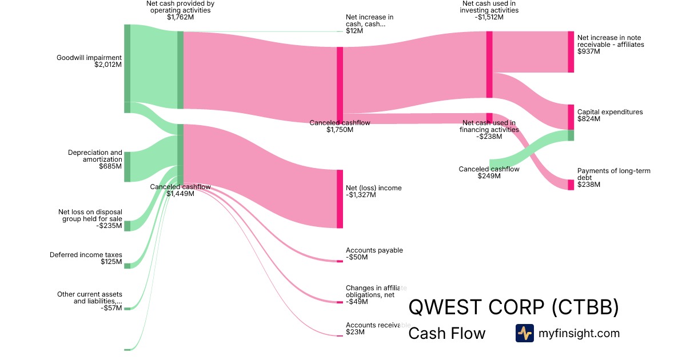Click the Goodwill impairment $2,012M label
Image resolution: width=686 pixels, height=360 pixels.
click(x=89, y=61)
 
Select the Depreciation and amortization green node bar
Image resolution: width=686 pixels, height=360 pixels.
click(x=127, y=167)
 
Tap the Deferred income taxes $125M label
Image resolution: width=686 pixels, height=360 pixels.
click(x=86, y=258)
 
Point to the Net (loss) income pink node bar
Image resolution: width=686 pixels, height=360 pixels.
click(x=340, y=199)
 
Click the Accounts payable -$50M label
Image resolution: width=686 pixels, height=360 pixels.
click(x=374, y=254)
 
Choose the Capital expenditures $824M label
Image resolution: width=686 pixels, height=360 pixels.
click(x=609, y=115)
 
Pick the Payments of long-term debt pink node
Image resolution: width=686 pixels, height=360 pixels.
click(x=571, y=185)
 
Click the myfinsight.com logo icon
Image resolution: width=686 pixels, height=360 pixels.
click(x=524, y=333)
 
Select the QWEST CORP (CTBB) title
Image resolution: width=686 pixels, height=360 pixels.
click(x=513, y=307)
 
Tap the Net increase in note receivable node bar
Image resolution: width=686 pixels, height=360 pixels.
click(x=571, y=52)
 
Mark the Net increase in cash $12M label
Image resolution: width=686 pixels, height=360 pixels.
click(x=369, y=23)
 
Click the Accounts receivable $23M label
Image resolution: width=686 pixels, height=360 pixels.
click(x=376, y=328)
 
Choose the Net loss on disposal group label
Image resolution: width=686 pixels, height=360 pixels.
click(x=90, y=218)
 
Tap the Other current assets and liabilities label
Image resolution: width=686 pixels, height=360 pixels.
click(x=89, y=301)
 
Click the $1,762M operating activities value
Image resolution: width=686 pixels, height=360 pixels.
click(x=180, y=17)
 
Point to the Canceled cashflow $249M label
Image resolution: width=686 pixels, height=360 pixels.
click(x=489, y=172)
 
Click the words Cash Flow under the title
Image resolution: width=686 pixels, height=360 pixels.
click(x=446, y=333)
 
